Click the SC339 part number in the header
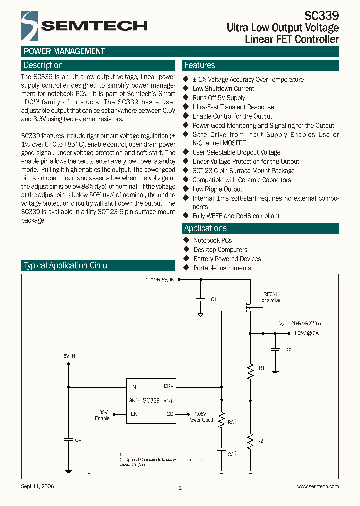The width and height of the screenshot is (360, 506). pos(321,16)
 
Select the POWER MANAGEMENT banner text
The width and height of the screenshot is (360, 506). pos(64,51)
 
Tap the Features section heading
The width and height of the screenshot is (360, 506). pos(200,65)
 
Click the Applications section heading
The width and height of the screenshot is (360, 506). pos(205,228)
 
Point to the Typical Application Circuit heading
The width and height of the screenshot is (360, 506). pos(68,265)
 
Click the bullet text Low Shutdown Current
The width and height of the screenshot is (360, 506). pos(223,89)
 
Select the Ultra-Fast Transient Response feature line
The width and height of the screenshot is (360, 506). pos(233,107)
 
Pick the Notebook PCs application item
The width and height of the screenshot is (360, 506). pos(213,240)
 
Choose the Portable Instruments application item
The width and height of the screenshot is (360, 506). pos(222,268)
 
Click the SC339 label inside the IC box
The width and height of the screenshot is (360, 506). pos(151,400)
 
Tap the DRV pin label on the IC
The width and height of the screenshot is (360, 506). pos(169,386)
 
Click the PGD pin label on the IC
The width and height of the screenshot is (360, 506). pos(169,414)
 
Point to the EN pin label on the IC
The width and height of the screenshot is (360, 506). pos(134,414)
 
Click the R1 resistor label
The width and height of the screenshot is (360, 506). pos(261,368)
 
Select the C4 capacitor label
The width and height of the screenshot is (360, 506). pos(78,440)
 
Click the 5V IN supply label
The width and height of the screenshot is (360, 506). pos(69,356)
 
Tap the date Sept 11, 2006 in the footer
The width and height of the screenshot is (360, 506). pos(38,486)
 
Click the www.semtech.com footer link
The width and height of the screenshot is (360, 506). pos(318,486)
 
